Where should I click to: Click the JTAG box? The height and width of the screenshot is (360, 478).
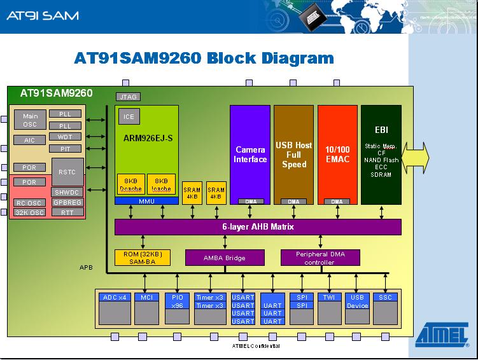click(x=128, y=97)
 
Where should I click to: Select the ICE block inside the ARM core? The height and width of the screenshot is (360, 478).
click(x=129, y=117)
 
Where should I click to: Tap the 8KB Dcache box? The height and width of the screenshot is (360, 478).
click(x=130, y=184)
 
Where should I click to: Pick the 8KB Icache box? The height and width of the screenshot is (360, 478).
click(x=161, y=184)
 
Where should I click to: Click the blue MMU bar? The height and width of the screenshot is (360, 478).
click(x=146, y=201)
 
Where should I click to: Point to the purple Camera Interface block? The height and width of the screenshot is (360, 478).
click(x=250, y=155)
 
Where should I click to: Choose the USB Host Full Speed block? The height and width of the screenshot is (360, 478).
click(x=293, y=155)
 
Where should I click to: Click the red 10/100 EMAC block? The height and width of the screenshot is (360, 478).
click(x=337, y=155)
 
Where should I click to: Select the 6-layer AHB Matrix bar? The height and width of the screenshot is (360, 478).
click(x=258, y=227)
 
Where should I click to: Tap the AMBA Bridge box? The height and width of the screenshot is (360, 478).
click(x=224, y=258)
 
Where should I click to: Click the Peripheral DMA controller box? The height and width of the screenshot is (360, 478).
click(x=320, y=258)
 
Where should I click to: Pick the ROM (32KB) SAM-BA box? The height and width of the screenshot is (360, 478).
click(x=143, y=258)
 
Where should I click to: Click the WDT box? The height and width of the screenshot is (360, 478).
click(x=65, y=137)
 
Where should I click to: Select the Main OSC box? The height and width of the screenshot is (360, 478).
click(x=31, y=120)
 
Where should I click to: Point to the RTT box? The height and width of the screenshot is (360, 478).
click(x=67, y=212)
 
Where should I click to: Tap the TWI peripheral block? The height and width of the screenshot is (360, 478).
click(x=330, y=308)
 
